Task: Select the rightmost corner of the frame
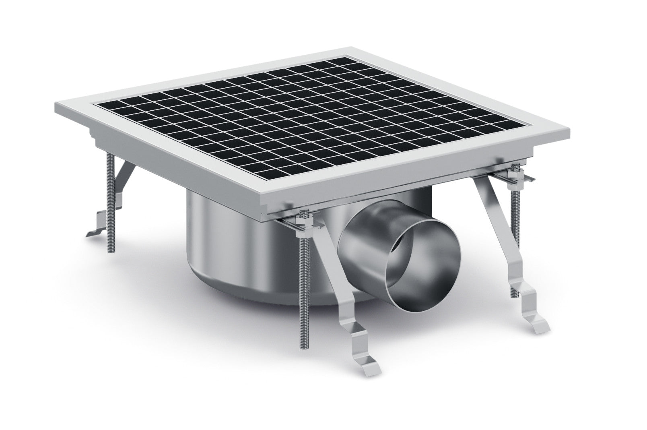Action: click(x=568, y=130)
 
